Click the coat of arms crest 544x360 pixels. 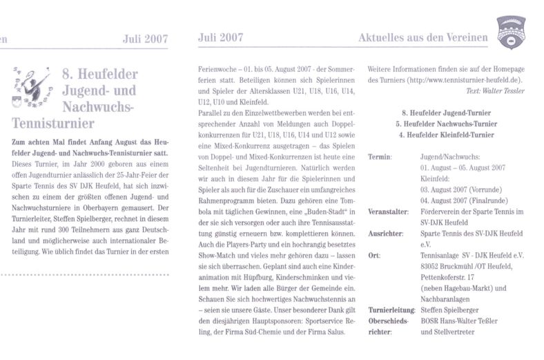(512, 33)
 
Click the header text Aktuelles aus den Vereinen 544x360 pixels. (423, 38)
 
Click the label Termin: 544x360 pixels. (380, 157)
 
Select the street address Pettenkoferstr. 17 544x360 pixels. (451, 277)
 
